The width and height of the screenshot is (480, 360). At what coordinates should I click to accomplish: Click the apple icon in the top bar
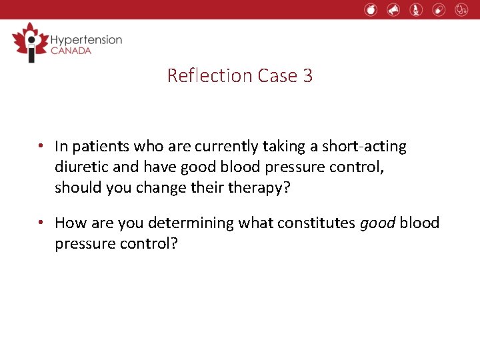(x=371, y=9)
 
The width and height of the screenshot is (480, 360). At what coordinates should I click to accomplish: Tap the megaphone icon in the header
(x=393, y=9)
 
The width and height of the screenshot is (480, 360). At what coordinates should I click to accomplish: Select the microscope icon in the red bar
(x=416, y=9)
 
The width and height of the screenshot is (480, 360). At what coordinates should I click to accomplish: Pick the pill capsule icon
(x=438, y=9)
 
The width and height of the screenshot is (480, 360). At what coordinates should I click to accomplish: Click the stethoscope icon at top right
(x=461, y=9)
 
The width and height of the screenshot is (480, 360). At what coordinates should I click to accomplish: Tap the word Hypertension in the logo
(x=87, y=39)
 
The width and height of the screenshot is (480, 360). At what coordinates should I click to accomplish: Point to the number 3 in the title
(x=307, y=75)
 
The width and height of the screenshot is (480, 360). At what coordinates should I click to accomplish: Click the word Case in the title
(x=277, y=75)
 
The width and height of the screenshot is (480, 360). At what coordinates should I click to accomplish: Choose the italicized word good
(x=378, y=222)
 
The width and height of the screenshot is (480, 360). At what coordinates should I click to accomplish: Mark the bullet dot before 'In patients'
(x=41, y=146)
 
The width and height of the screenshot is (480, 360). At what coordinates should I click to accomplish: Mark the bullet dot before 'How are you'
(x=41, y=222)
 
